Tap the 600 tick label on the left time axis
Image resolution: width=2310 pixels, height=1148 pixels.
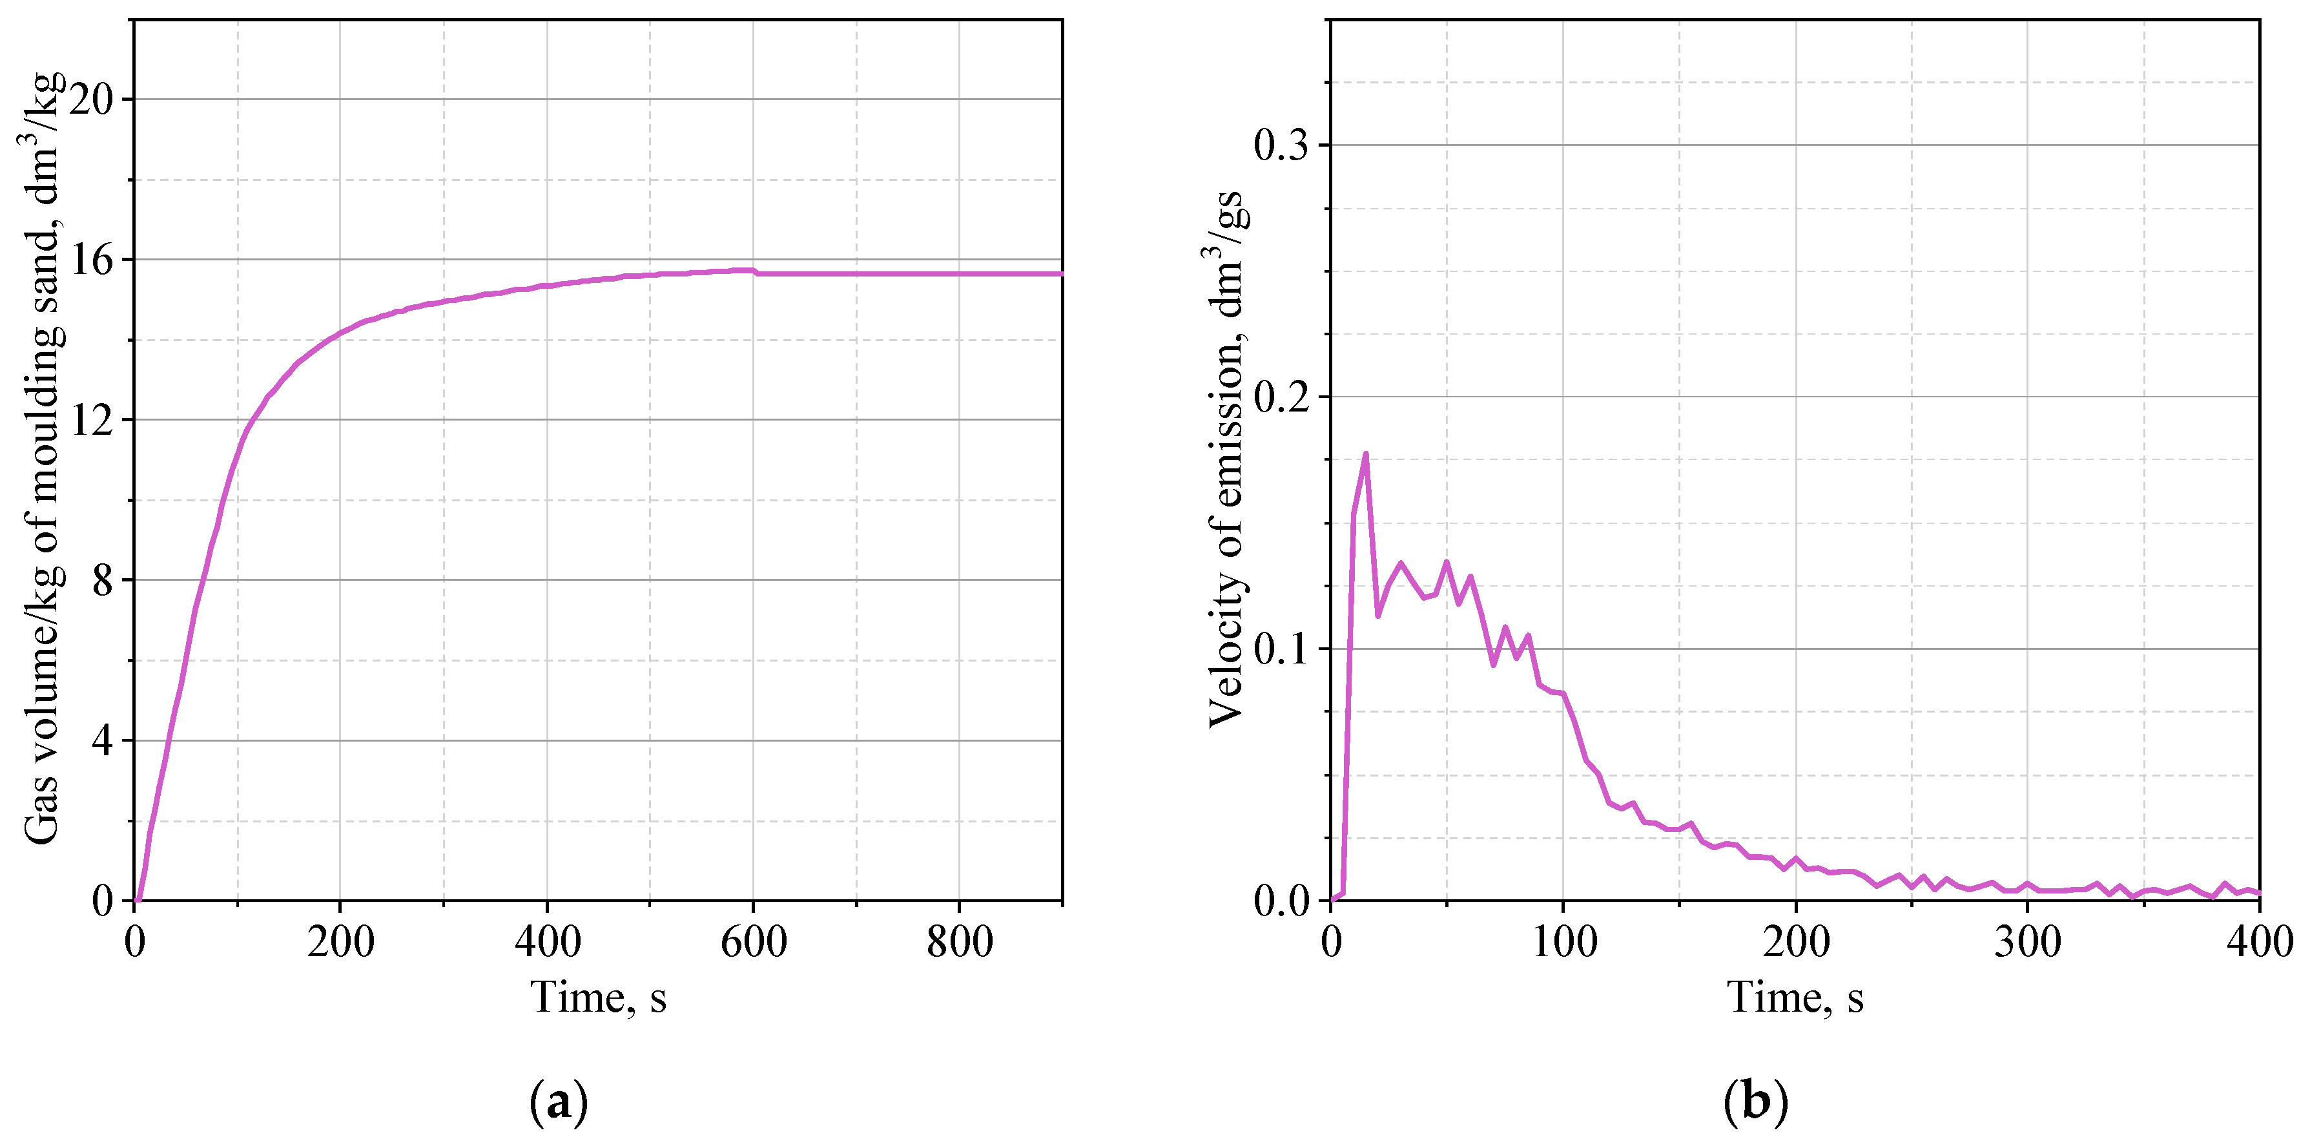(x=753, y=943)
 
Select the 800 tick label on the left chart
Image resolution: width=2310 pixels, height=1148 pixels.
(x=960, y=943)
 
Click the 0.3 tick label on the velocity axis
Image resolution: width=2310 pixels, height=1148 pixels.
(x=1283, y=145)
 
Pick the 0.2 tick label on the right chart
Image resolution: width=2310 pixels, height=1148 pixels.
(x=1283, y=397)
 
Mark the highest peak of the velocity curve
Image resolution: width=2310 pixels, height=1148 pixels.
(x=1366, y=454)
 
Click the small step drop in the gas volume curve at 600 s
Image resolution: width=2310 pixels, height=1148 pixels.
(x=756, y=272)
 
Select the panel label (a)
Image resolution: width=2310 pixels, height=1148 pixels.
(x=559, y=1102)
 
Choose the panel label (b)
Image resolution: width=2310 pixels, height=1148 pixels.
(x=1755, y=1102)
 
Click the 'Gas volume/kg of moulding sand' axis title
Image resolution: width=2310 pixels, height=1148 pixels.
(x=43, y=457)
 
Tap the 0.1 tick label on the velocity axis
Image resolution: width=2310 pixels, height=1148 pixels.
(x=1283, y=649)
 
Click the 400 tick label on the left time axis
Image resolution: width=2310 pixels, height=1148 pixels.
(x=547, y=943)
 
